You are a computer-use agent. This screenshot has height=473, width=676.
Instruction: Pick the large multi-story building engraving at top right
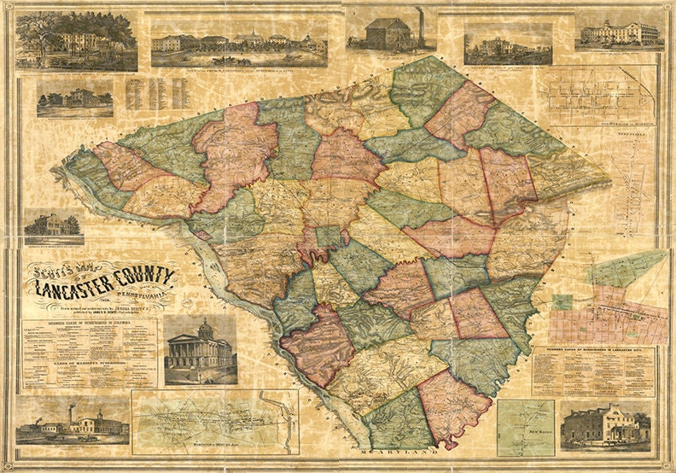[620, 32]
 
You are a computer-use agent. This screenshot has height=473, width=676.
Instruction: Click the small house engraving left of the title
[53, 225]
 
